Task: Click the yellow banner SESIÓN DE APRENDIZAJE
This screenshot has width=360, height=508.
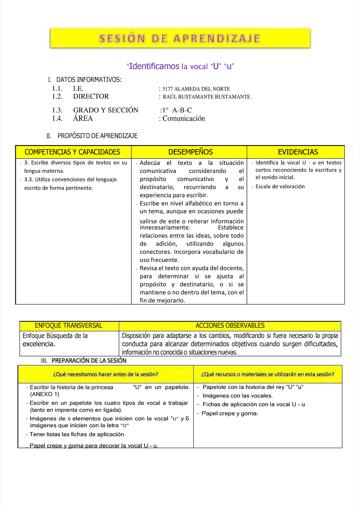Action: click(180, 38)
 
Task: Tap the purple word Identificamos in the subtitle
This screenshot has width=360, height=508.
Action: click(154, 66)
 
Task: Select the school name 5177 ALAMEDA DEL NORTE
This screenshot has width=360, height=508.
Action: click(196, 89)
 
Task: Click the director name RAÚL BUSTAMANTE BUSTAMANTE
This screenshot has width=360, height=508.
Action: click(206, 97)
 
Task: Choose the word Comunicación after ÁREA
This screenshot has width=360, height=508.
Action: click(184, 118)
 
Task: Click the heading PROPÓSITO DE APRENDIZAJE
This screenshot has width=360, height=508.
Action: click(97, 136)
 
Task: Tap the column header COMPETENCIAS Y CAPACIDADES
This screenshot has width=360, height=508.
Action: click(72, 152)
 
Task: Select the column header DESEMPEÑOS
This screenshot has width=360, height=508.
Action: click(190, 152)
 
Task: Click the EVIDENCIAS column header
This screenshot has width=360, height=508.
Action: click(298, 152)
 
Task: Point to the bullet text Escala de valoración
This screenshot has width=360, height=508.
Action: click(280, 186)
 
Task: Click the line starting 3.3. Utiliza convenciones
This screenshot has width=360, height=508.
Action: click(70, 180)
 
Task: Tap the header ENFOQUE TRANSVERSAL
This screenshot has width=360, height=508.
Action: click(68, 325)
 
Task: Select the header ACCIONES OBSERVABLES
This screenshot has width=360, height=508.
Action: click(230, 325)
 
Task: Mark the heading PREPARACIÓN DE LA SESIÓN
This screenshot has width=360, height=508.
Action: click(89, 361)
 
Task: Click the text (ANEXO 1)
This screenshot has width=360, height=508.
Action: click(45, 394)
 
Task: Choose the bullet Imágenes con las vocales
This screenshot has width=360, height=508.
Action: click(238, 396)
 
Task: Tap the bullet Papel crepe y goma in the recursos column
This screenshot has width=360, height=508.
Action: click(230, 413)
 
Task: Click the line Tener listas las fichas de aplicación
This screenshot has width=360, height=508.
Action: click(77, 434)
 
